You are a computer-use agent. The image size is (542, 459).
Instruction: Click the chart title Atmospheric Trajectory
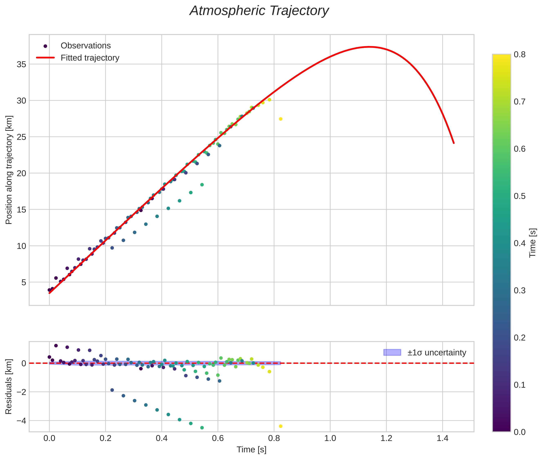(259, 11)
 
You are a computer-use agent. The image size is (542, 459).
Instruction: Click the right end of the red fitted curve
(454, 143)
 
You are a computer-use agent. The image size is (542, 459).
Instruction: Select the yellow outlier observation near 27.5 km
(280, 119)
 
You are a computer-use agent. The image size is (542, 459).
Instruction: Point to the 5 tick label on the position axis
(24, 282)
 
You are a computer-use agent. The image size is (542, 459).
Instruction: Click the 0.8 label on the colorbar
(520, 55)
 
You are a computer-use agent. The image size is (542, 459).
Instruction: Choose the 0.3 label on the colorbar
(520, 290)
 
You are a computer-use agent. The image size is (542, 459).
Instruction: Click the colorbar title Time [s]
(533, 243)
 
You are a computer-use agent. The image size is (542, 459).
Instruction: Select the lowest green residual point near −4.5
(202, 428)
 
